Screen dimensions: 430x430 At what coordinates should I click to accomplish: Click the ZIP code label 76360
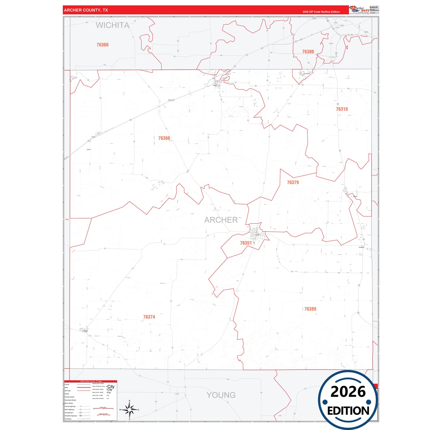102,45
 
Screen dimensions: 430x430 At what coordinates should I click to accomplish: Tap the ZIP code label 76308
308,52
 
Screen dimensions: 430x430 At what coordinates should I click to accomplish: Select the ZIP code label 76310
342,109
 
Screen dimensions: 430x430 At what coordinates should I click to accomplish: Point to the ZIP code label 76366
164,138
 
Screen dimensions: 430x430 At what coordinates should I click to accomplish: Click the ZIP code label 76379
293,182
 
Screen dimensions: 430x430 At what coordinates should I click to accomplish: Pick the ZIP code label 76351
246,243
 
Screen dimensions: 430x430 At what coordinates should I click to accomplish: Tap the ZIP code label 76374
149,317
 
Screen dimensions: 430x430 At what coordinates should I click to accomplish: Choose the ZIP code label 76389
310,309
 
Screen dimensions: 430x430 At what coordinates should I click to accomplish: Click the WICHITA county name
112,26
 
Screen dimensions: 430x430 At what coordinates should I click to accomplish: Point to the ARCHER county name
221,220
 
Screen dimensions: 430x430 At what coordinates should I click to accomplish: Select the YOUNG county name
221,395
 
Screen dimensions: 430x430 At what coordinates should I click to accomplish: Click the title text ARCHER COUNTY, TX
86,10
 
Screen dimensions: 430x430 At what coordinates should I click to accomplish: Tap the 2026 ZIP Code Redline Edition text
321,12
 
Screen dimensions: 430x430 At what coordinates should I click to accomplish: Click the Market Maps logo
359,10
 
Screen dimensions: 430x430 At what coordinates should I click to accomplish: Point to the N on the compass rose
129,401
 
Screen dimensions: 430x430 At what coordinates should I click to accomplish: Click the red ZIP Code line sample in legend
84,391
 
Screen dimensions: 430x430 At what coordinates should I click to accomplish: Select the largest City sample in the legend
111,387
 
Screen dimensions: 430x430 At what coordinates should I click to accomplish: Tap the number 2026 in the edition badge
348,392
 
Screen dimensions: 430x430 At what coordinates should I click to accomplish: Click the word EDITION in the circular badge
348,411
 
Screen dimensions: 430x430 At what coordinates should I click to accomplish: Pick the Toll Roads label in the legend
68,419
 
